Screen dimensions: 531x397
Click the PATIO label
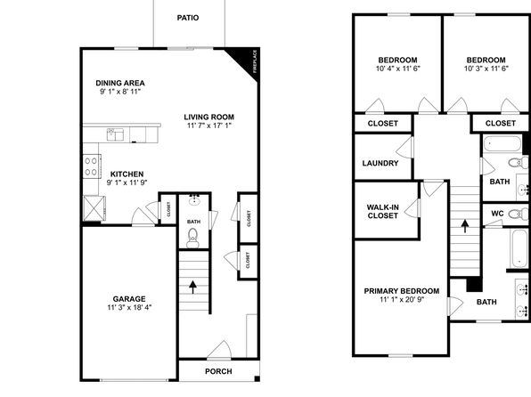(x=188, y=18)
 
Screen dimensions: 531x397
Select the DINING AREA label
(x=120, y=83)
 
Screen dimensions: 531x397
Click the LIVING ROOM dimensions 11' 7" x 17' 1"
(x=209, y=126)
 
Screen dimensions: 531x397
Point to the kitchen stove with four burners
(x=92, y=166)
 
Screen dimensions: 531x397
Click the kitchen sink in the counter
(x=115, y=134)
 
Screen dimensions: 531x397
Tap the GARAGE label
(x=129, y=299)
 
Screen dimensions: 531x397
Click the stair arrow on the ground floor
(x=192, y=287)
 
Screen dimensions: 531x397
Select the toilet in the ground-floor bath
(x=192, y=238)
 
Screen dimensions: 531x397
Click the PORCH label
(x=218, y=371)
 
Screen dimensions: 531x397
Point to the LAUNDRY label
(x=380, y=163)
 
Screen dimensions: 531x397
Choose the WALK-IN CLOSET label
(x=383, y=212)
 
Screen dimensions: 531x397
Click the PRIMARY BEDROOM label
(x=402, y=291)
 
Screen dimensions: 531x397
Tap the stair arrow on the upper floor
(x=465, y=226)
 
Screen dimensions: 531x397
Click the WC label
(x=497, y=214)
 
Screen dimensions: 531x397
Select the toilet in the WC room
(x=518, y=214)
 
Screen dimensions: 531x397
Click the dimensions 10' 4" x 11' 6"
(x=398, y=69)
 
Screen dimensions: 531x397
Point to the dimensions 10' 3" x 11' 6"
(x=486, y=69)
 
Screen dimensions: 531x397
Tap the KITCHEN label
(x=127, y=174)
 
